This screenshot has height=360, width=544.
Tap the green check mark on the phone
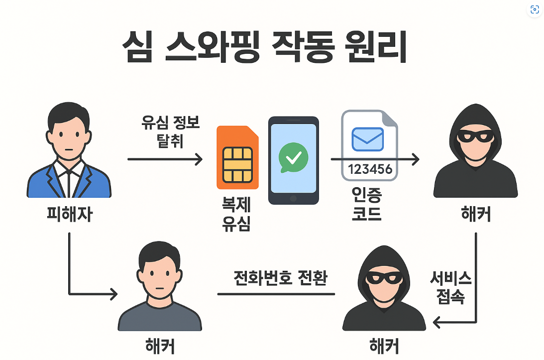[x=293, y=158]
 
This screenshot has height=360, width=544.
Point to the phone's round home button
[x=293, y=198]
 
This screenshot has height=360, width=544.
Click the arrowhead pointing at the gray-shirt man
[x=113, y=294]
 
